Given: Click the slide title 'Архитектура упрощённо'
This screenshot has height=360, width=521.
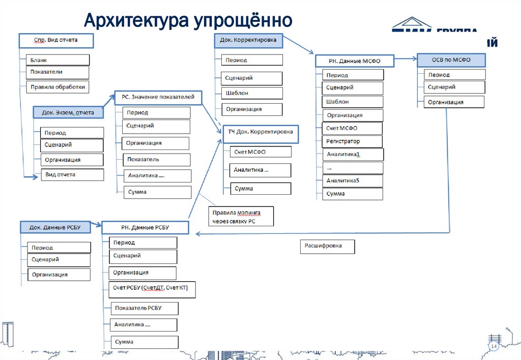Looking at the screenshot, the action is tap(188, 21).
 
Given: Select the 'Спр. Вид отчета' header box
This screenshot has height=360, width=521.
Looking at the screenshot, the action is tap(55, 40).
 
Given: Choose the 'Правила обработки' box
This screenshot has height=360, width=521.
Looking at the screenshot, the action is tap(57, 86).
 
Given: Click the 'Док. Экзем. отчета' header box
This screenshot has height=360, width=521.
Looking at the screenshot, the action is tap(64, 112).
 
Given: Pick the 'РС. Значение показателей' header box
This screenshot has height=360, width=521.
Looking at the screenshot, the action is tap(158, 97).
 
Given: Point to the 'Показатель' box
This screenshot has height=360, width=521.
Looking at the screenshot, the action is tap(157, 160).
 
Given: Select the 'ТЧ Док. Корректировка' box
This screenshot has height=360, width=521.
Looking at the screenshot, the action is tap(260, 132).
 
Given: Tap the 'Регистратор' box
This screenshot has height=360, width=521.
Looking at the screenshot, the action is tap(353, 141).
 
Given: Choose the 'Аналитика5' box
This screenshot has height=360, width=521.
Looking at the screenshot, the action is tap(353, 181).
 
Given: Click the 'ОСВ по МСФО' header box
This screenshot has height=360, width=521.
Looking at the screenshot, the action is tap(451, 60).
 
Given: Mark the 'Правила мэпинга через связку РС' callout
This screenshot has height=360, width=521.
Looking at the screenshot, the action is tap(242, 216).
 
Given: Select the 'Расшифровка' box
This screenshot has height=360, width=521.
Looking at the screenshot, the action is tap(327, 246).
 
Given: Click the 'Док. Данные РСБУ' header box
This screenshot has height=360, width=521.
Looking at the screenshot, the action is tap(56, 227).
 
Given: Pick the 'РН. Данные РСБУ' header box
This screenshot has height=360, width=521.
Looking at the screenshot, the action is tap(146, 228).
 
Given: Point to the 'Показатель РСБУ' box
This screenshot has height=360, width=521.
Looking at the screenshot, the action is tap(144, 308).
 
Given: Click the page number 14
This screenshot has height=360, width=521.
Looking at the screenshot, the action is tap(493, 346).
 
